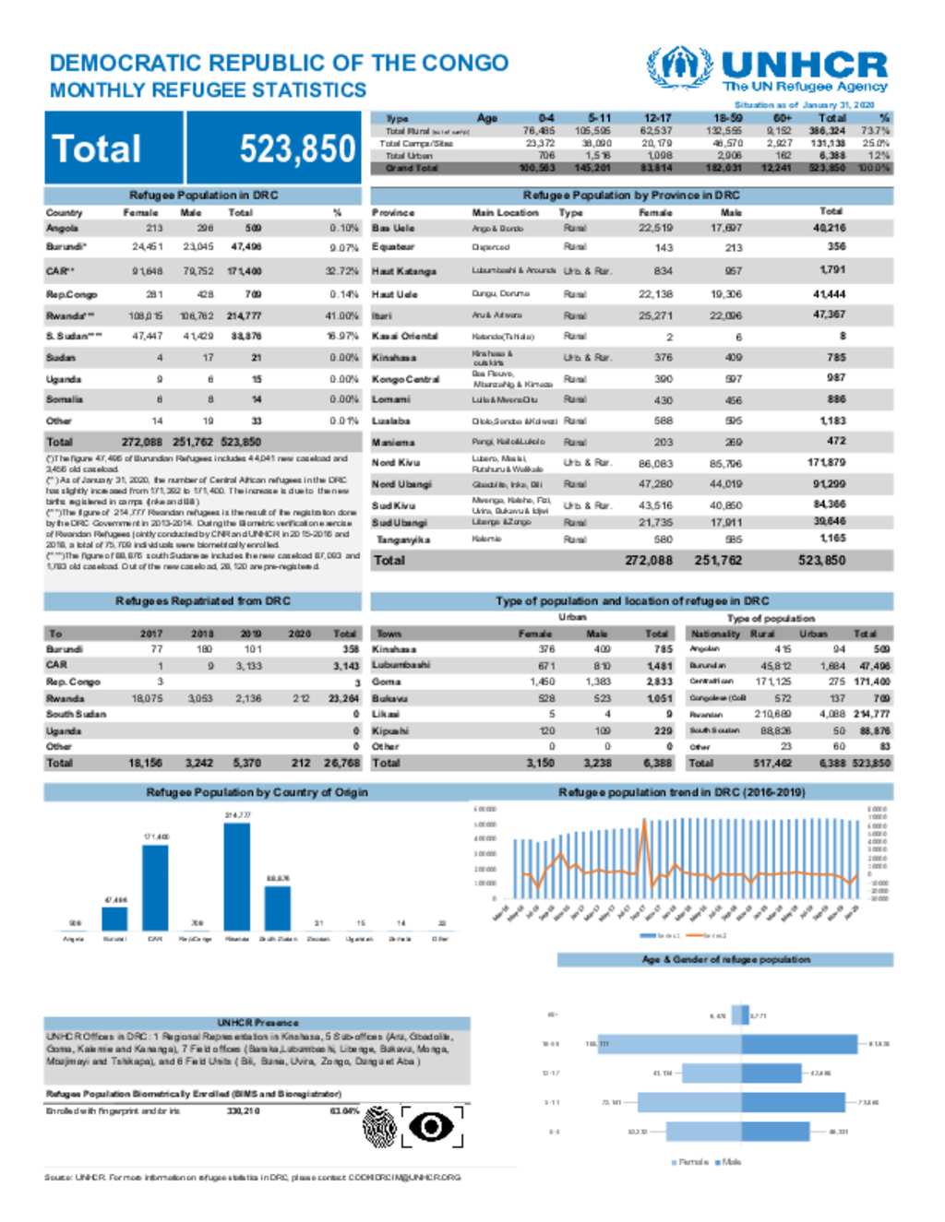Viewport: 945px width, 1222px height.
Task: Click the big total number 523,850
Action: [x=297, y=148]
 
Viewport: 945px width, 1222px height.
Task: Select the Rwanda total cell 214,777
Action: [x=245, y=315]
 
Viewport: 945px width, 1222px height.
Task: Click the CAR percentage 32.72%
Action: [x=343, y=271]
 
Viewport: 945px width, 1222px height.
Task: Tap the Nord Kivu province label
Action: [x=396, y=462]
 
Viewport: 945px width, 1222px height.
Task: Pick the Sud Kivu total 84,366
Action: [x=829, y=504]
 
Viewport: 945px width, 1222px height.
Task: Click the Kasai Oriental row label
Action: [x=404, y=336]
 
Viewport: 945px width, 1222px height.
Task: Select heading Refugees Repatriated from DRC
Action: [x=203, y=601]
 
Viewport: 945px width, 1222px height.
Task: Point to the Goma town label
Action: [x=387, y=682]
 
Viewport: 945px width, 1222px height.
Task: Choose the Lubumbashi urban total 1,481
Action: [x=659, y=665]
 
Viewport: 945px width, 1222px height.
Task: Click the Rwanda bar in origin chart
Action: [x=237, y=876]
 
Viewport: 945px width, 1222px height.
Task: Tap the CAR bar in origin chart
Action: [x=155, y=887]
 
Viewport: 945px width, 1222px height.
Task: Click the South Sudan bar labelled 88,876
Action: [x=277, y=908]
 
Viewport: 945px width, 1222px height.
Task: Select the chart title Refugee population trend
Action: [x=681, y=792]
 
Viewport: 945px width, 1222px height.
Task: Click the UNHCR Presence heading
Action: [x=257, y=1023]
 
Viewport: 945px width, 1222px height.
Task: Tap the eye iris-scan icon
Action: [x=432, y=1126]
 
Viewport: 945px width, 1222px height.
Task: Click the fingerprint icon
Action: [x=379, y=1126]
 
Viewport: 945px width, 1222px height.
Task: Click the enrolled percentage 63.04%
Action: [x=343, y=1111]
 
